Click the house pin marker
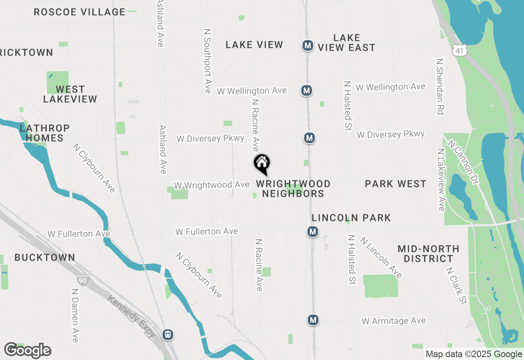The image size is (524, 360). pos(262,164)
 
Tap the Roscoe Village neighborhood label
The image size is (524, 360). pos(79,12)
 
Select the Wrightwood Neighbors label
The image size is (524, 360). pos(293,189)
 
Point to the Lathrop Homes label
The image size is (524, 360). pos(45,133)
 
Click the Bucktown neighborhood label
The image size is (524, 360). pos(45,257)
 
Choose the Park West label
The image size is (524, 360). pos(395,184)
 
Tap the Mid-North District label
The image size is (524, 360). pos(428,254)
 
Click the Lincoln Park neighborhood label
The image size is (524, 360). pos(351,218)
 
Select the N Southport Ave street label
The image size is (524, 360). pos(207,61)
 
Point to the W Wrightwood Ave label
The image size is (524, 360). pos(212,185)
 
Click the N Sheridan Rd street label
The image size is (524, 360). pos(440,86)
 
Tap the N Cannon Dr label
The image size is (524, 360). pos(463,162)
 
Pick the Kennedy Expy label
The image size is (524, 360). pos(131,316)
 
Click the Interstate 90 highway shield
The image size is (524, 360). pos(81,281)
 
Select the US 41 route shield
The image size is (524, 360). pos(459,50)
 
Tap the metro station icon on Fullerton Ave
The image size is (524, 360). pos(313,232)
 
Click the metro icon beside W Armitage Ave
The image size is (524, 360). pos(313,320)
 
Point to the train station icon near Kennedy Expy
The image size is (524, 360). pos(167,335)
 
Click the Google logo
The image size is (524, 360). pos(28,351)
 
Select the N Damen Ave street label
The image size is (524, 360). pos(75,315)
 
